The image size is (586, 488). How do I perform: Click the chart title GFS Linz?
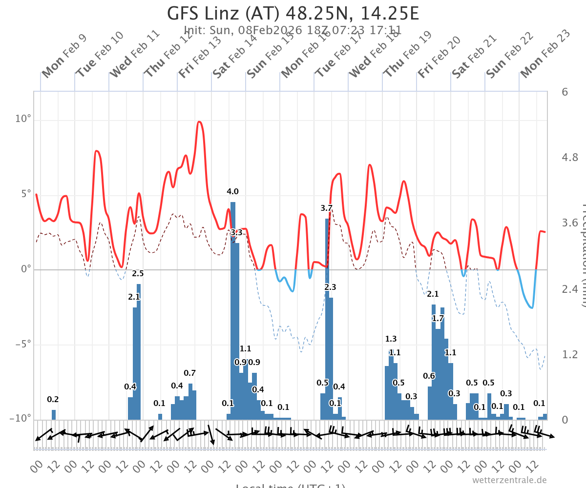[x=293, y=13]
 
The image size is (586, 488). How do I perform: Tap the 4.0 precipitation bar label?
[x=232, y=192]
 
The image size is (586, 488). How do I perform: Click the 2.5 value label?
[x=138, y=273]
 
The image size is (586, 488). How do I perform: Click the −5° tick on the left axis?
[x=21, y=344]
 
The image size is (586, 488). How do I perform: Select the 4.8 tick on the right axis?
[x=570, y=157]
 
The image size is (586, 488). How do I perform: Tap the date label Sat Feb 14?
[x=235, y=56]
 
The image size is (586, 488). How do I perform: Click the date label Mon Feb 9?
[x=64, y=56]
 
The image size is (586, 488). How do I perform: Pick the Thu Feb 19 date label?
[x=406, y=56]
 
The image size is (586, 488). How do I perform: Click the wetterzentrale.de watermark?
[x=509, y=480]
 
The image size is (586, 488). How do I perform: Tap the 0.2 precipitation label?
[x=53, y=400]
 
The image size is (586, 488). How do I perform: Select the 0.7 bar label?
[x=189, y=373]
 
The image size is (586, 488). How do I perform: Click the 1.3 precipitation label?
[x=391, y=339]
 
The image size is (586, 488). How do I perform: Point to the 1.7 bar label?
[x=438, y=319]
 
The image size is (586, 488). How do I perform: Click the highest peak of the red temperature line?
[x=199, y=122]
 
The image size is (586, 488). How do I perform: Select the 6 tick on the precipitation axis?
[x=565, y=92]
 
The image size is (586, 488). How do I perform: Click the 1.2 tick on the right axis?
[x=570, y=354]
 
